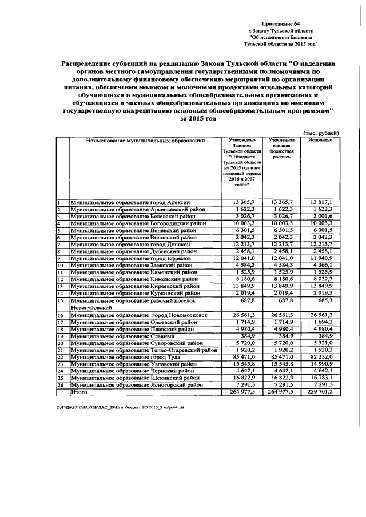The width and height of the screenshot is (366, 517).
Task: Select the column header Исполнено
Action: coord(320,140)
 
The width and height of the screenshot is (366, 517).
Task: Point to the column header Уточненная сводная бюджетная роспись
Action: coord(280,147)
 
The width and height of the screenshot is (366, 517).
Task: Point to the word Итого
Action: coord(78,392)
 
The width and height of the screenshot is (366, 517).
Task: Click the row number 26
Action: coord(59,385)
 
